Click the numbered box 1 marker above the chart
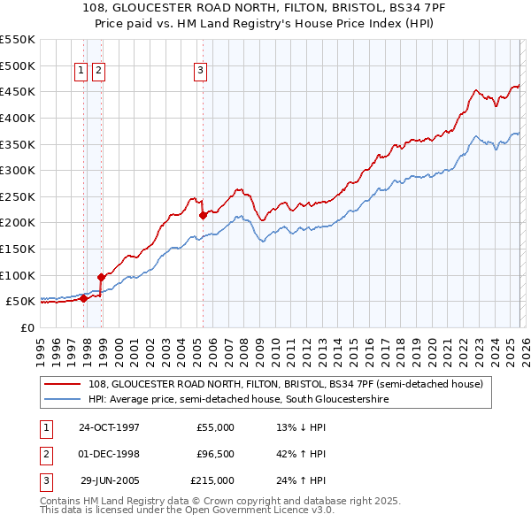click(x=81, y=72)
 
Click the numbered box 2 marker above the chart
click(x=98, y=72)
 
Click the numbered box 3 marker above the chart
click(x=201, y=72)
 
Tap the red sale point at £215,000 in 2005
click(x=204, y=214)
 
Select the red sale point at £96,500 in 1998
click(x=101, y=277)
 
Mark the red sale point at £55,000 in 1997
click(x=83, y=298)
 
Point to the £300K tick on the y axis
click(x=18, y=170)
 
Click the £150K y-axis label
click(x=18, y=249)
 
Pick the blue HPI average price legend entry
click(x=239, y=400)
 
